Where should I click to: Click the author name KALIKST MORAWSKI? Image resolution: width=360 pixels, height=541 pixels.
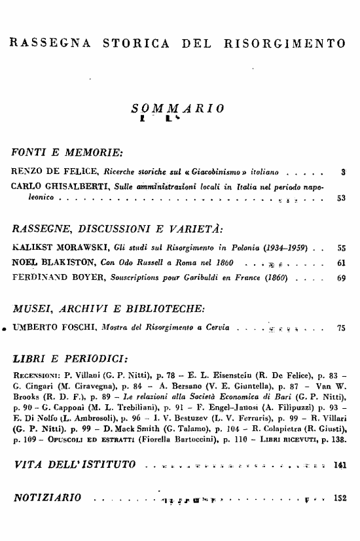pyautogui.click(x=58, y=249)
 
